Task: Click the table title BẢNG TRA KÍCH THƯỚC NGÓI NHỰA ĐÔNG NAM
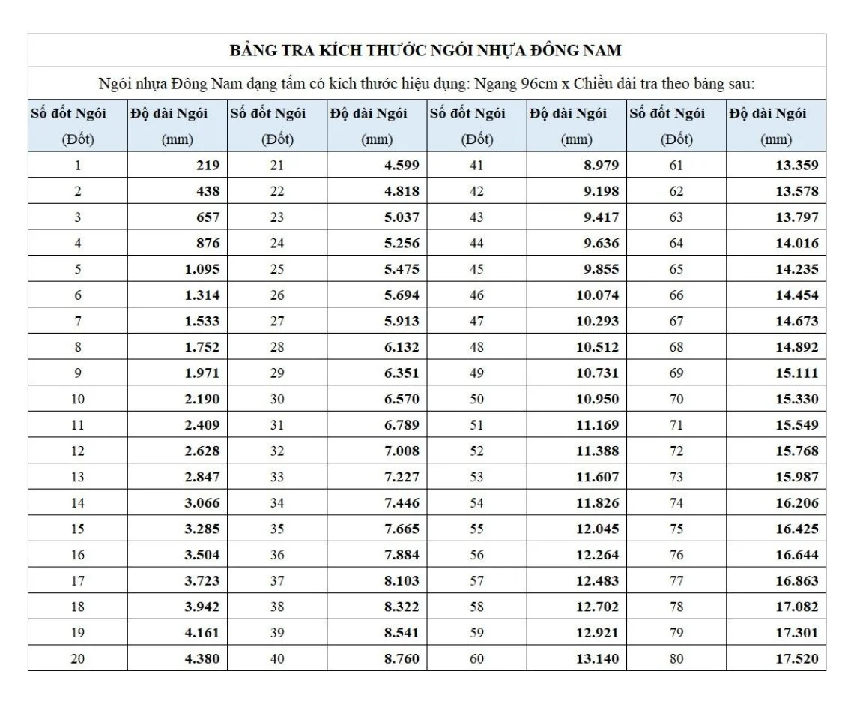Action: pos(426,51)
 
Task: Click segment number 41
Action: pos(476,166)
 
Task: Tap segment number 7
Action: pos(78,321)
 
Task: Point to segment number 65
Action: pos(676,269)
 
